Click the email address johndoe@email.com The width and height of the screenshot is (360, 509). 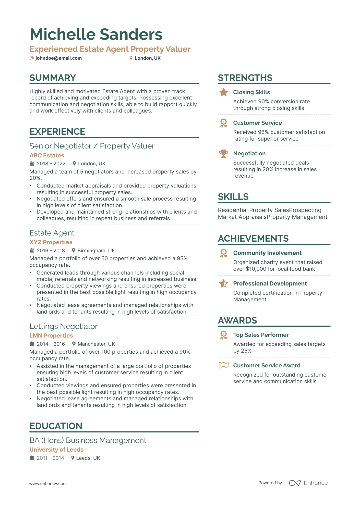pos(58,58)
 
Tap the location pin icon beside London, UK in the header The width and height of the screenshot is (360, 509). pos(131,58)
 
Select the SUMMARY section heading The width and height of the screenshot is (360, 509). pos(53,78)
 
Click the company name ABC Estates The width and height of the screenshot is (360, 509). pos(47,155)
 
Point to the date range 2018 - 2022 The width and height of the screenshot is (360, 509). pos(51,164)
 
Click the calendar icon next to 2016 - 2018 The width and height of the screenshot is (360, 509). pos(32,250)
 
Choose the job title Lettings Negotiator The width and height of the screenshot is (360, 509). pos(64,326)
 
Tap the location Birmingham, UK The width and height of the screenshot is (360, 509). pos(96,251)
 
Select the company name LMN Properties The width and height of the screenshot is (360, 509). pos(51,336)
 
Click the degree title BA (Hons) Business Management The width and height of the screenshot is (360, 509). pos(88,440)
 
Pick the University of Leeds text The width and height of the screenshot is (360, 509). pos(57,450)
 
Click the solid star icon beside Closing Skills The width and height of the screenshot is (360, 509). pos(224,92)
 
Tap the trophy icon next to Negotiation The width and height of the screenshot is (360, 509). pos(224,154)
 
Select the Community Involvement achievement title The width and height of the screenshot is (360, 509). pos(267,253)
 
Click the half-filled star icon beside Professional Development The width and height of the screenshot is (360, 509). pos(224,283)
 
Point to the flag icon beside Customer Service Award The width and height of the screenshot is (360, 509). pos(224,366)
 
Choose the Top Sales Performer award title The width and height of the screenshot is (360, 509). pos(261,335)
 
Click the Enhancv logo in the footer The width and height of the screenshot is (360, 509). pos(308,483)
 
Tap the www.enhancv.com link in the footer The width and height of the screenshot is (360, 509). pos(48,483)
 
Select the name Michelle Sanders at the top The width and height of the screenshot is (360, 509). pos(96,34)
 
